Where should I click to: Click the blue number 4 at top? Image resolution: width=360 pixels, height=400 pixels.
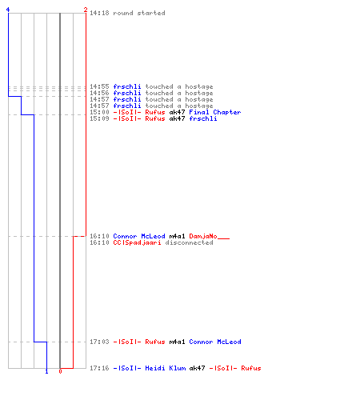point(8,10)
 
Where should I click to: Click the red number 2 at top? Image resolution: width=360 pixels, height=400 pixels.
point(86,10)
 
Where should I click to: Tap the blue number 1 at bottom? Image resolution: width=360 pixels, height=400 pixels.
point(46,371)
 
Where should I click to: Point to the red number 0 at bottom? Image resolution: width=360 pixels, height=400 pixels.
point(60,371)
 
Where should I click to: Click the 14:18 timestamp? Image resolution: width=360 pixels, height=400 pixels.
point(99,13)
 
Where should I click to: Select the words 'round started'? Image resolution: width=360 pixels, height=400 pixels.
point(139,13)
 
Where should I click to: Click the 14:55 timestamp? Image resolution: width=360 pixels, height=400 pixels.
point(99,86)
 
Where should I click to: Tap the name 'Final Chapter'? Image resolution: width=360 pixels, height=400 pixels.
point(215,112)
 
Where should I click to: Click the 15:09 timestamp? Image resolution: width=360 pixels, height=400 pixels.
point(99,118)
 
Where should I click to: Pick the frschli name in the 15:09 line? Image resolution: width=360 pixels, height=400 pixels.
point(203,118)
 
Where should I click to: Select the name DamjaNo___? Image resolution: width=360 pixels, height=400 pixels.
point(210,236)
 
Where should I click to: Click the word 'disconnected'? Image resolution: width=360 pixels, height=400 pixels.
point(189,242)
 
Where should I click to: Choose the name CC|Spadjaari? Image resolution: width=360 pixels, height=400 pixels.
point(137,242)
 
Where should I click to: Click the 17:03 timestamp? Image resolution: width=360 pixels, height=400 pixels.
point(99,342)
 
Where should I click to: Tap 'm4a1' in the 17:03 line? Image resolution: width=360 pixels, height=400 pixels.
point(177,342)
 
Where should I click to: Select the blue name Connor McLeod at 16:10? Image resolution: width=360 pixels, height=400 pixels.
point(139,236)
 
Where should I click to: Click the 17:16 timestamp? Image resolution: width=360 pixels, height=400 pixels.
point(99,368)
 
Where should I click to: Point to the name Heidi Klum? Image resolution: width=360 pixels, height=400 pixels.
point(166,368)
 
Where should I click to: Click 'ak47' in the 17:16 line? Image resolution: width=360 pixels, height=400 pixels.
point(197,368)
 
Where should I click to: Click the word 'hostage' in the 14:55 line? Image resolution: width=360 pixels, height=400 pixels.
point(199,87)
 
